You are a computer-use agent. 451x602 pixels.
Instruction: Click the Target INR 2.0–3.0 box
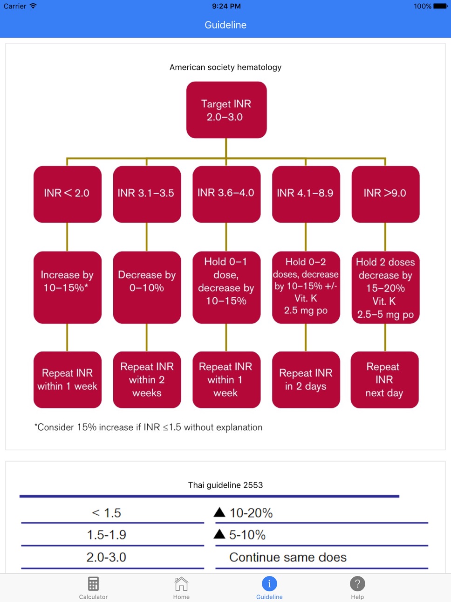pyautogui.click(x=226, y=110)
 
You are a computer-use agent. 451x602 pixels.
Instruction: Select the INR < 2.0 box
pyautogui.click(x=68, y=194)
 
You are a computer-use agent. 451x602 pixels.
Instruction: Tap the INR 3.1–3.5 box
pyautogui.click(x=147, y=194)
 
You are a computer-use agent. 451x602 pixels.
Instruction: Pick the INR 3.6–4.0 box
pyautogui.click(x=226, y=194)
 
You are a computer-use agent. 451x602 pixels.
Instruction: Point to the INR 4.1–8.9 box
pyautogui.click(x=306, y=194)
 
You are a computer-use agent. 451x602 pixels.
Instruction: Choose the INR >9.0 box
pyautogui.click(x=385, y=194)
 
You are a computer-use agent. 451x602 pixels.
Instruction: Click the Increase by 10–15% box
pyautogui.click(x=68, y=287)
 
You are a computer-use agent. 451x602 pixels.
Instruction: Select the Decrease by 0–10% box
pyautogui.click(x=147, y=287)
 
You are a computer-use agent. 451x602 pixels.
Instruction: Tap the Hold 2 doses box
pyautogui.click(x=385, y=287)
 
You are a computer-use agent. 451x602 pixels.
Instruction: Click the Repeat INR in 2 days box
pyautogui.click(x=306, y=380)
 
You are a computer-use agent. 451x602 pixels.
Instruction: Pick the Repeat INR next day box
pyautogui.click(x=384, y=380)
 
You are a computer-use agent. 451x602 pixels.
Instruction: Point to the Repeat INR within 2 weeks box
pyautogui.click(x=147, y=380)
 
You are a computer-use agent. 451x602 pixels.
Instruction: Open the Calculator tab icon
pyautogui.click(x=93, y=583)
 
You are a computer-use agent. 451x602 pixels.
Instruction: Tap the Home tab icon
pyautogui.click(x=181, y=583)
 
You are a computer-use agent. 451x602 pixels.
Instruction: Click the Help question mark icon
pyautogui.click(x=357, y=584)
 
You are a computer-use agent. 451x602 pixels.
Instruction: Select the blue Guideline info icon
pyautogui.click(x=269, y=584)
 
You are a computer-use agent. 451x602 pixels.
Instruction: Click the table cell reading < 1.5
pyautogui.click(x=107, y=513)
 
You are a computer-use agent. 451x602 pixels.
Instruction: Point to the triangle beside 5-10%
pyautogui.click(x=219, y=534)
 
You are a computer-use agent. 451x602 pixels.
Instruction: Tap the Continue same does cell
pyautogui.click(x=288, y=557)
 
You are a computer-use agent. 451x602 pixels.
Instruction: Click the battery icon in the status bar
pyautogui.click(x=441, y=6)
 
